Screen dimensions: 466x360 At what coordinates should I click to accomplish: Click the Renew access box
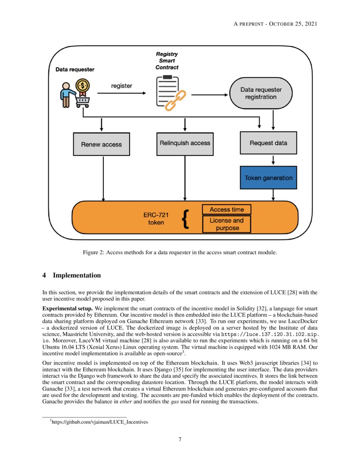101,144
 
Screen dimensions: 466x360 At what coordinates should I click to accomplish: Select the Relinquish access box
185,143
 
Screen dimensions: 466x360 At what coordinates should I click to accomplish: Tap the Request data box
268,143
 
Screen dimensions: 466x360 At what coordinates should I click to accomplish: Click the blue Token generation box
268,178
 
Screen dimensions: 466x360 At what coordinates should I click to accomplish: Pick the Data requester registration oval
260,93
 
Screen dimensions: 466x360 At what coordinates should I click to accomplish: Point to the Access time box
227,210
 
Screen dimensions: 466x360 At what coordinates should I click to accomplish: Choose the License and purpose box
227,224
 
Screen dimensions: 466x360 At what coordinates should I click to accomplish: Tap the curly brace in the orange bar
185,219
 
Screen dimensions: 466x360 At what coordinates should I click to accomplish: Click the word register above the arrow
122,86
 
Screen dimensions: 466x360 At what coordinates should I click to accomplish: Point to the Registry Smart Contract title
167,61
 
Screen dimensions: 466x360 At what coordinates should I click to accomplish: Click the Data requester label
75,69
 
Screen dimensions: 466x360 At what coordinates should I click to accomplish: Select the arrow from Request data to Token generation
273,160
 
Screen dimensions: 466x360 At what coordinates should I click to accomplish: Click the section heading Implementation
76,275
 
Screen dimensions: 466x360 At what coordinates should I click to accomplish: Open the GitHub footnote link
100,422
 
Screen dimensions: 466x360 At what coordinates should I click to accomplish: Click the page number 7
180,439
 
